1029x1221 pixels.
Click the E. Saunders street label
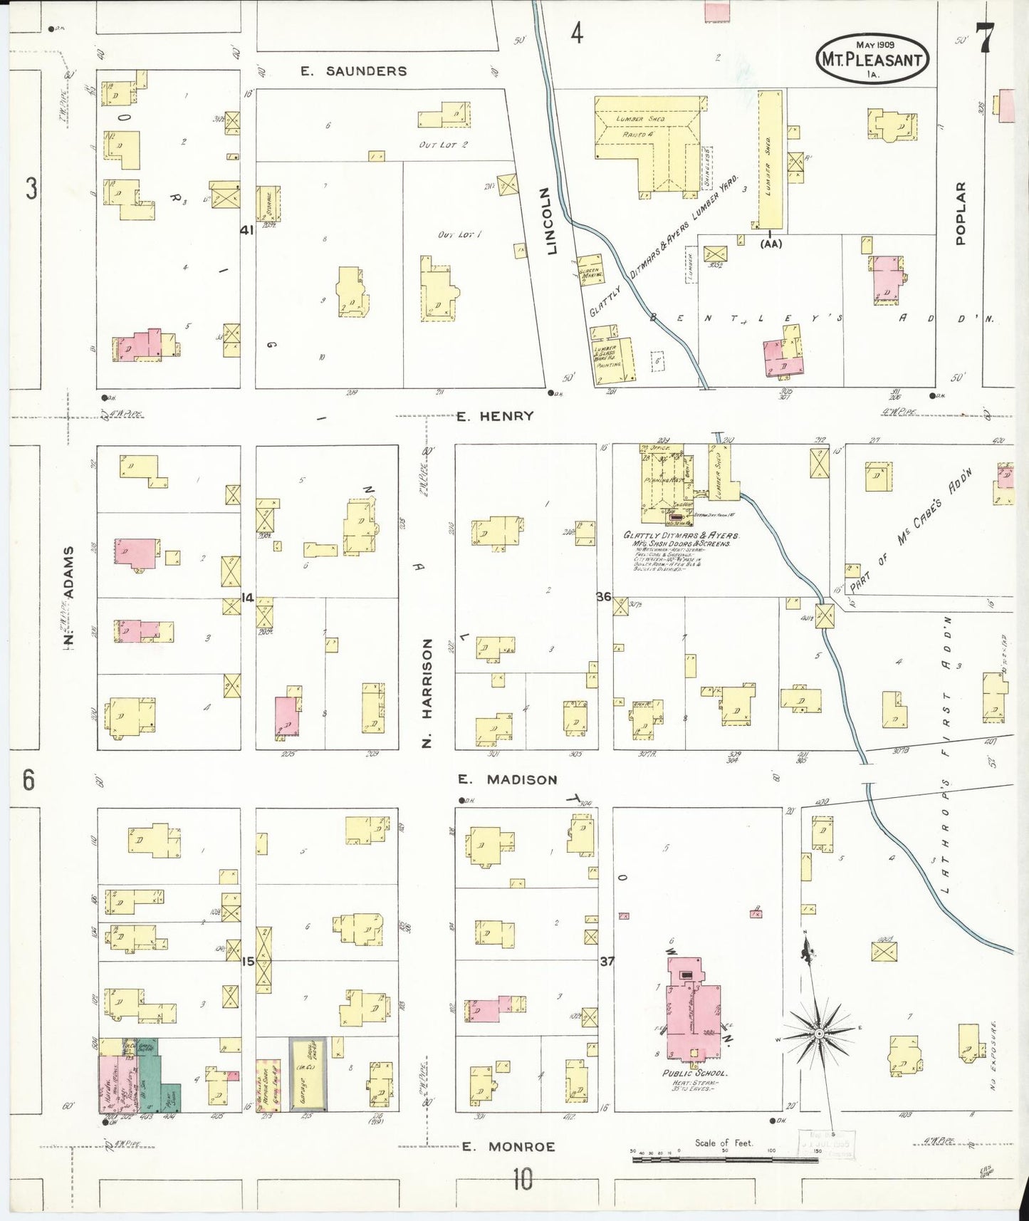pos(353,71)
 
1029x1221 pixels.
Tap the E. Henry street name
pos(495,416)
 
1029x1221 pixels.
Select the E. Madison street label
pos(507,779)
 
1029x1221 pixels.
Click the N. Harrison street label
pos(427,692)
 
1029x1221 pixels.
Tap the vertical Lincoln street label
pos(548,221)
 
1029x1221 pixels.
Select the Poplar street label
pos(961,213)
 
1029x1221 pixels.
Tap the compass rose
pos(818,1033)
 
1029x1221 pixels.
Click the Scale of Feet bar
pos(724,1159)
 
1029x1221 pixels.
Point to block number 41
pos(246,230)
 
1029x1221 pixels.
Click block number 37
pos(605,961)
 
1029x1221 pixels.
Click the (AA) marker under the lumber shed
pos(771,244)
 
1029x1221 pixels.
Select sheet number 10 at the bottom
pos(522,1180)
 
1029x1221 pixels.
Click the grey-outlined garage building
pos(308,1074)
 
